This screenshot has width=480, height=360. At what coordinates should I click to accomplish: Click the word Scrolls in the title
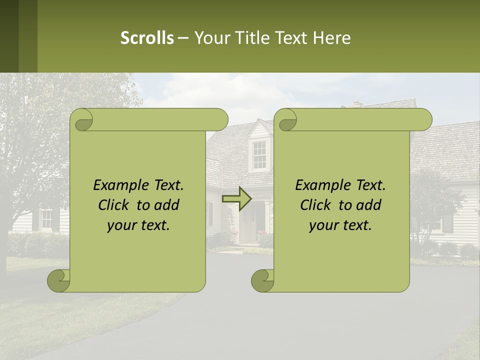click(x=147, y=38)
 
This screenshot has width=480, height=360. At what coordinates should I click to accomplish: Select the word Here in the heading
click(x=331, y=38)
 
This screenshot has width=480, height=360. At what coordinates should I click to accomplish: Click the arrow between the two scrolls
click(x=236, y=198)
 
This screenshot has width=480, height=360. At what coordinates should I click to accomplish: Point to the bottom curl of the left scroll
click(x=59, y=280)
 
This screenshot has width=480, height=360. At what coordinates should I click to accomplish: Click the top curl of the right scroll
click(x=286, y=120)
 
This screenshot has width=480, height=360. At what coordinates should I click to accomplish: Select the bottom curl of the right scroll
click(x=262, y=280)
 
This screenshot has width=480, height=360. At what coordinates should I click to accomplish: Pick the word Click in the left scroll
click(x=114, y=205)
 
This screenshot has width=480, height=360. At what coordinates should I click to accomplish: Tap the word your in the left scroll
click(x=122, y=225)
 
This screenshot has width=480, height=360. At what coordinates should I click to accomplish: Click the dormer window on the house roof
click(x=259, y=154)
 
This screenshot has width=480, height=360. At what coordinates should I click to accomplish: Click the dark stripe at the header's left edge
click(x=9, y=36)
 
